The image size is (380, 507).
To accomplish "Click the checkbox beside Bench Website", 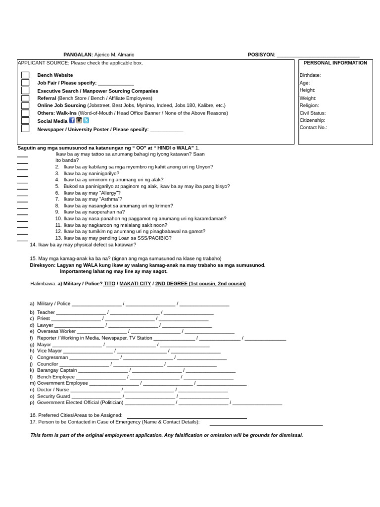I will tap(25, 75).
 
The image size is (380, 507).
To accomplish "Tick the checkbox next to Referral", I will tap(25, 98).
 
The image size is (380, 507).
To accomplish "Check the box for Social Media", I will tap(25, 121).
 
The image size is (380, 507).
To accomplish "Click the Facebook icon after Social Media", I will tap(72, 120).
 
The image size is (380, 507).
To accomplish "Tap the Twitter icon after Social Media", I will tap(86, 120).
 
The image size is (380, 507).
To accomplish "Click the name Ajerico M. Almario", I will tap(114, 54).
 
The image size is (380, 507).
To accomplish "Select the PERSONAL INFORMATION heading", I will tap(335, 63).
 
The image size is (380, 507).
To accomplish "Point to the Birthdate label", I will tap(310, 75).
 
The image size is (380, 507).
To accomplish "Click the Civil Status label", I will tap(312, 113).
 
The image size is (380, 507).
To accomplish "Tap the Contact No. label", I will tap(313, 127).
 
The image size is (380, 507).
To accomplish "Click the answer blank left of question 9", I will tap(22, 214).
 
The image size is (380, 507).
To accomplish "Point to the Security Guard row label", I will tap(53, 396).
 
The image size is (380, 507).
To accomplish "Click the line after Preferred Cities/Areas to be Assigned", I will tap(187, 417).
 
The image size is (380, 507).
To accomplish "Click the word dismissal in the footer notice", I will tap(290, 435).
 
